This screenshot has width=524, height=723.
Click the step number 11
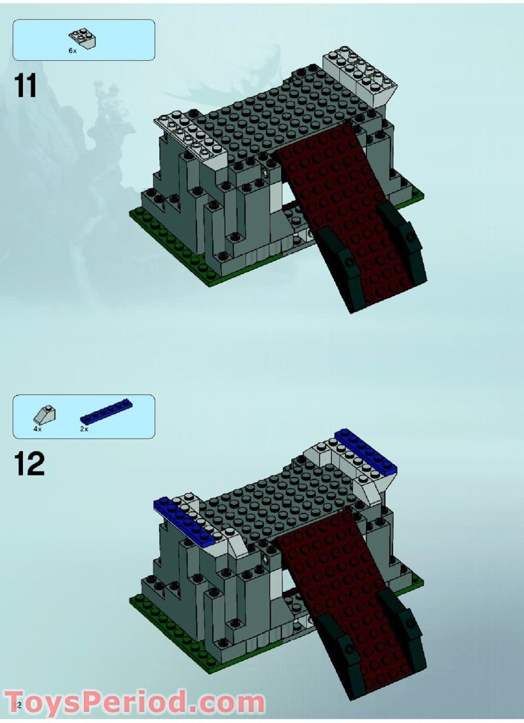(26, 86)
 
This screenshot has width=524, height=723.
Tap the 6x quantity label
(73, 50)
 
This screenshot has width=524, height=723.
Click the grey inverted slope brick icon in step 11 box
(83, 38)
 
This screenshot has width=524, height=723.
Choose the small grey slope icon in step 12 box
(45, 415)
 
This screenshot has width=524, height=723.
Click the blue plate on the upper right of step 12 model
(365, 451)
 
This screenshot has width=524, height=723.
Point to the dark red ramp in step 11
(341, 210)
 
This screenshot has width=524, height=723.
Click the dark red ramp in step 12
(341, 589)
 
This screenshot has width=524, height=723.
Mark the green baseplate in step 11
(170, 242)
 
